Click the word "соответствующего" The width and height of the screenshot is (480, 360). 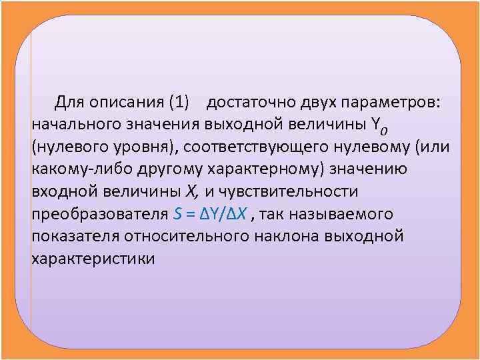click(255, 147)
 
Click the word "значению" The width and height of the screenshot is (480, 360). click(369, 169)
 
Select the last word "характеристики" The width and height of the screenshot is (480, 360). click(93, 259)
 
